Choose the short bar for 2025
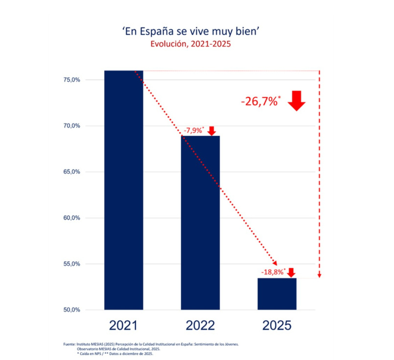pyautogui.click(x=277, y=294)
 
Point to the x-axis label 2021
pyautogui.click(x=124, y=326)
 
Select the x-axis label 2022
pyautogui.click(x=200, y=326)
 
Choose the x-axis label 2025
pyautogui.click(x=277, y=326)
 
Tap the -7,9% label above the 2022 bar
pyautogui.click(x=194, y=130)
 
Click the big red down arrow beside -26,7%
pyautogui.click(x=297, y=100)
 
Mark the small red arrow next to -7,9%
pyautogui.click(x=211, y=131)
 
